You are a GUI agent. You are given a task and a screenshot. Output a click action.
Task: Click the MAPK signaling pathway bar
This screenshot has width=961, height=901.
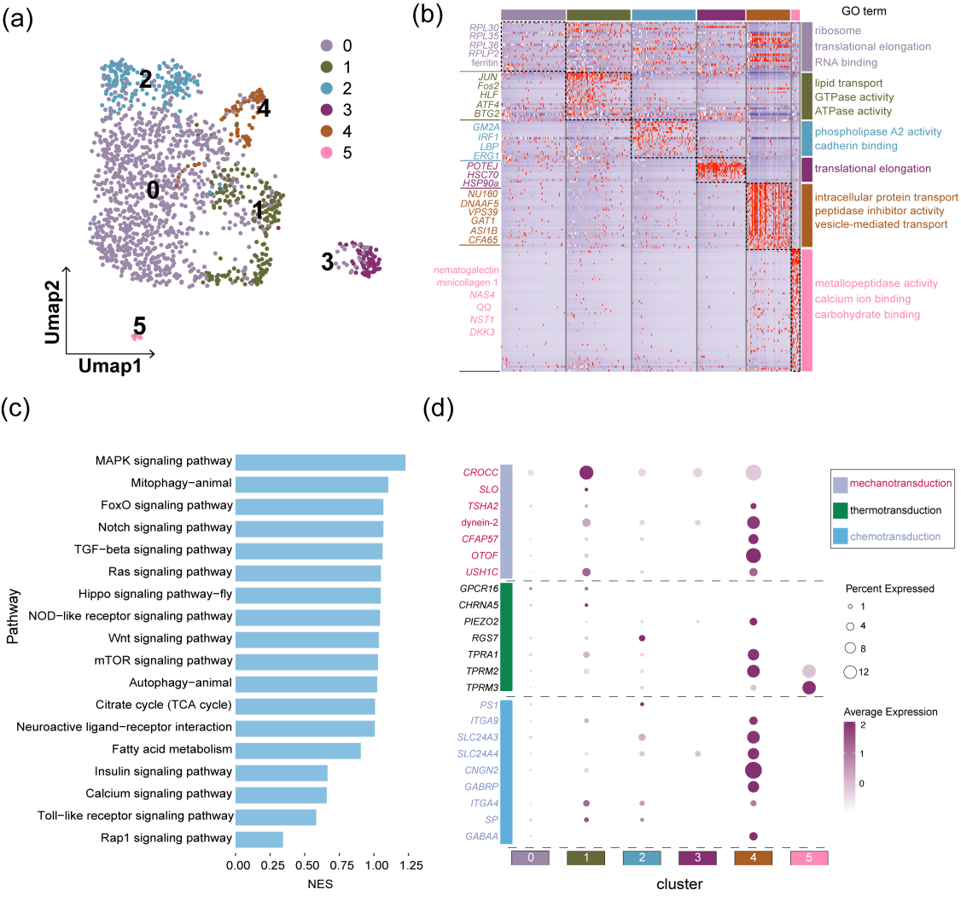coord(320,462)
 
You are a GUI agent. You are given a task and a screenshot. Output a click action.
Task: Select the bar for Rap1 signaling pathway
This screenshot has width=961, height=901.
coord(259,839)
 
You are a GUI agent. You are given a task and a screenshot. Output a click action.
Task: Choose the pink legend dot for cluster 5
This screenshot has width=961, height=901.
coord(324,153)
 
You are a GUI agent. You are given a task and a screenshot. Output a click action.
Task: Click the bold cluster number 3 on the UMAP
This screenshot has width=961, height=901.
coord(327,262)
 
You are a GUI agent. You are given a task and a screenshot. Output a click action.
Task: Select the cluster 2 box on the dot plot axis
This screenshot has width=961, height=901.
coord(643,857)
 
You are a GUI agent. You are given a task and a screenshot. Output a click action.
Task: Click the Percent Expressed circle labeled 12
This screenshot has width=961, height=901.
coord(851,672)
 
